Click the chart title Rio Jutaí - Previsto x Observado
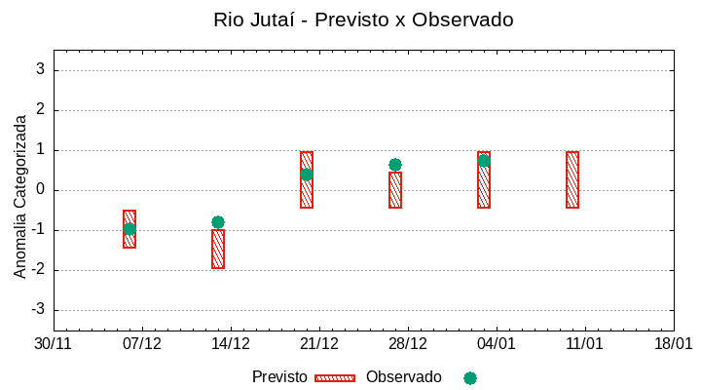coord(363,19)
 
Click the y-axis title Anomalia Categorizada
coord(20,196)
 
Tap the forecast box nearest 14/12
coord(218,250)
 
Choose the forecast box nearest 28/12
coord(395,190)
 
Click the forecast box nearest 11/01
coord(572,180)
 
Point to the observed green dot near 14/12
coord(218,222)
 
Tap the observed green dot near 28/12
coord(395,165)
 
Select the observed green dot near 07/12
coord(129,229)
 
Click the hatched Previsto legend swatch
coord(335,378)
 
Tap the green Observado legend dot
coord(470,378)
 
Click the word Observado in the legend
coord(403,377)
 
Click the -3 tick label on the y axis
coord(38,310)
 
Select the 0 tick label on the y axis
coord(41,189)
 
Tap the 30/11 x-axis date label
coord(54,344)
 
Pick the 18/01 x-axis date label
coord(674,344)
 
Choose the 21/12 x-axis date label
coord(319,344)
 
